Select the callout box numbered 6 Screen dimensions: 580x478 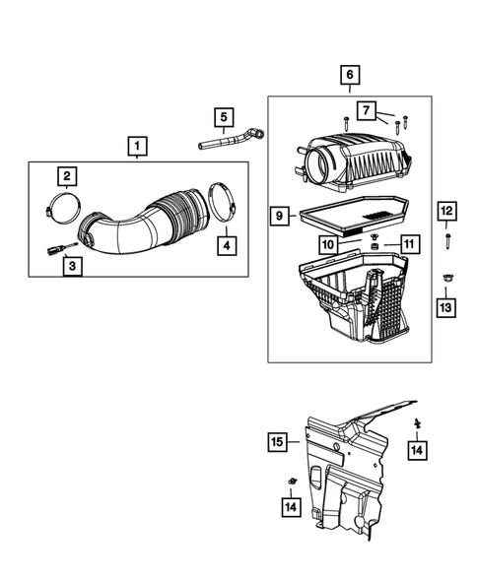349,75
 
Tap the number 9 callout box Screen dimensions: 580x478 281,213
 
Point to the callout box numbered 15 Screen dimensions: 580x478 280,442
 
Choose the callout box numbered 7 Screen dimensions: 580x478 367,108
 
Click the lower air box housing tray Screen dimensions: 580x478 350,295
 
